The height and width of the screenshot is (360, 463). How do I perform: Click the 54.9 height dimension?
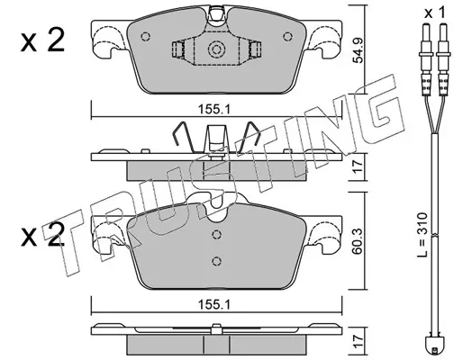pyautogui.click(x=358, y=50)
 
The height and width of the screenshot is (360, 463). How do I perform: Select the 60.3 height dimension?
pyautogui.click(x=358, y=241)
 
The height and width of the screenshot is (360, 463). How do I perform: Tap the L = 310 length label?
pyautogui.click(x=422, y=235)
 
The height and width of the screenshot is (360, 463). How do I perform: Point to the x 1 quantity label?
pyautogui.click(x=435, y=13)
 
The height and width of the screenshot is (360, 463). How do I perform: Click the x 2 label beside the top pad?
pyautogui.click(x=42, y=40)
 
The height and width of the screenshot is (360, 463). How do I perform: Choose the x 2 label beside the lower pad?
pyautogui.click(x=42, y=236)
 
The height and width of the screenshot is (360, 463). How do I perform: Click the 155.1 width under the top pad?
pyautogui.click(x=213, y=110)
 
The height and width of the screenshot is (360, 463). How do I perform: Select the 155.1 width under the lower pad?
pyautogui.click(x=213, y=305)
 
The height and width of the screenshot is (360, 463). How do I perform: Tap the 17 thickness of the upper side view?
pyautogui.click(x=358, y=167)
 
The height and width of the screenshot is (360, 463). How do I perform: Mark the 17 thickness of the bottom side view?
pyautogui.click(x=358, y=342)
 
